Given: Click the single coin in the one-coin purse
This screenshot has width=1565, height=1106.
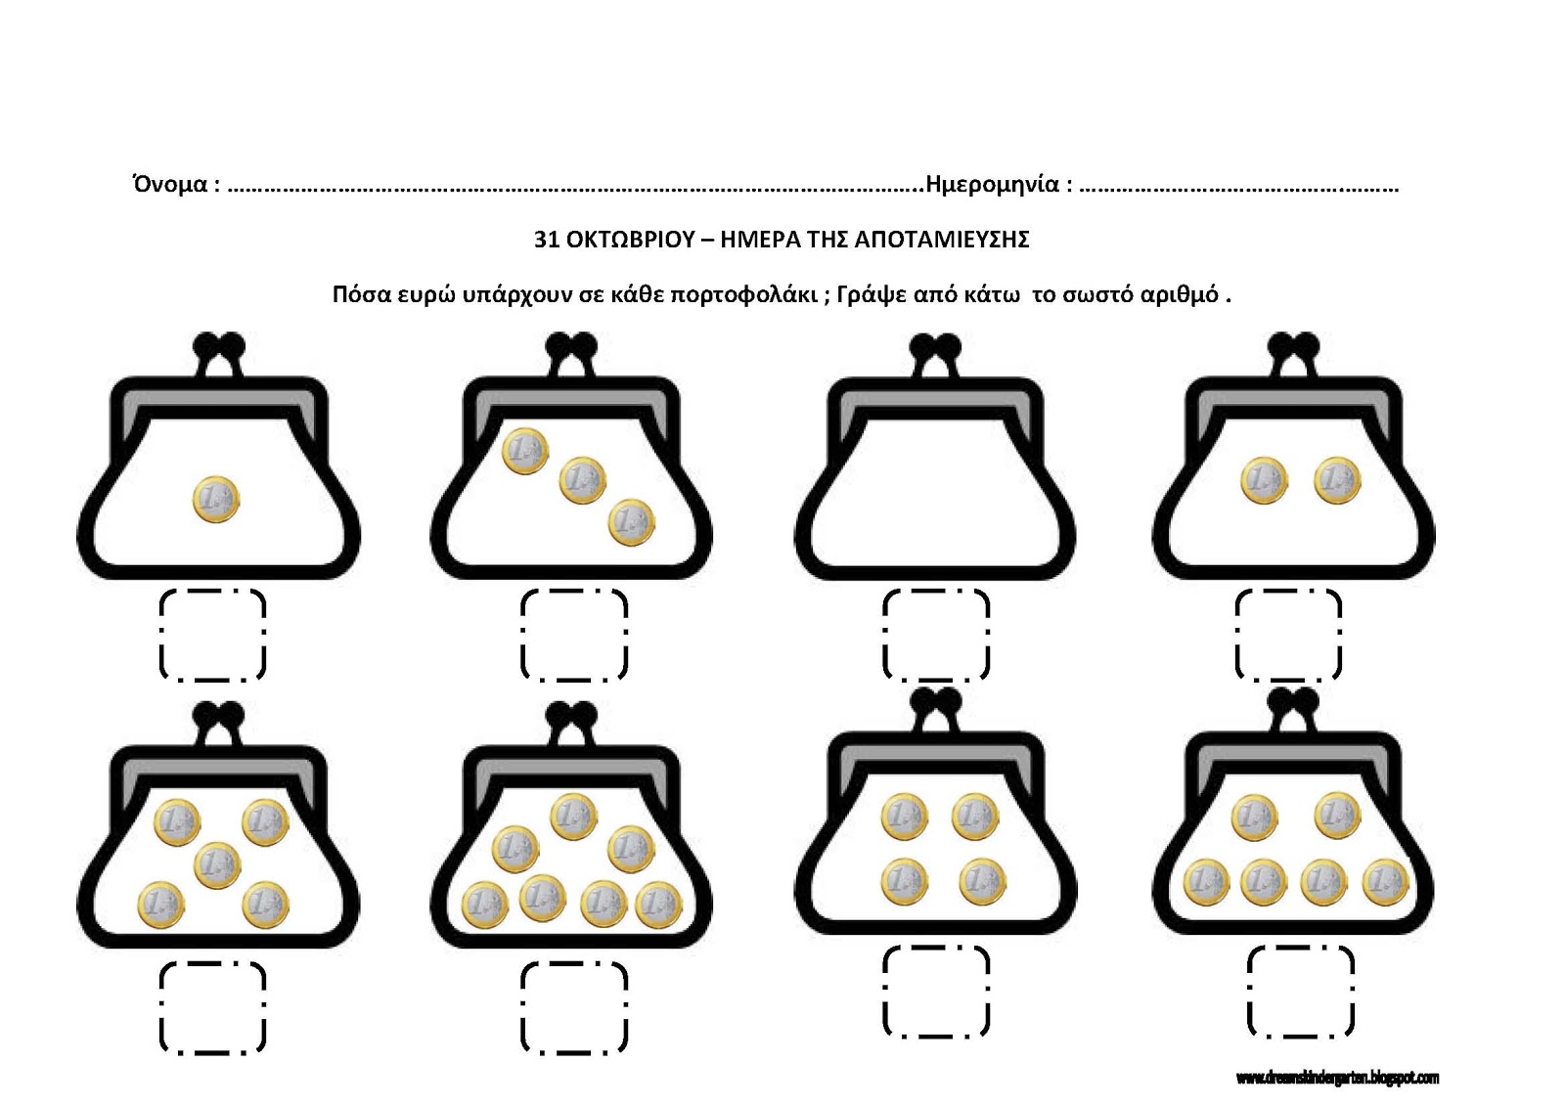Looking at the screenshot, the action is pos(216,500).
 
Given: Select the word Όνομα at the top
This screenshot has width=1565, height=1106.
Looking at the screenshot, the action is pos(170,185).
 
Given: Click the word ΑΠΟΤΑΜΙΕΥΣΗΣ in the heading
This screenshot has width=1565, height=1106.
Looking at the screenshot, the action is pos(942,240).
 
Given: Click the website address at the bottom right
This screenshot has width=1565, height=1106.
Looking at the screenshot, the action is pos(1337,1078).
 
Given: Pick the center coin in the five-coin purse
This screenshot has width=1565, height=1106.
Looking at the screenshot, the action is pos(218,865).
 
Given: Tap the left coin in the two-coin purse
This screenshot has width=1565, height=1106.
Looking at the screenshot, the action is pos(1265,480).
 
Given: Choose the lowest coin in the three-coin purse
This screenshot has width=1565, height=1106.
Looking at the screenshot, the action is pos(632,522).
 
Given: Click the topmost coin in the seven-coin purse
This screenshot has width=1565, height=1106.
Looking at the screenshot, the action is pos(574,816).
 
